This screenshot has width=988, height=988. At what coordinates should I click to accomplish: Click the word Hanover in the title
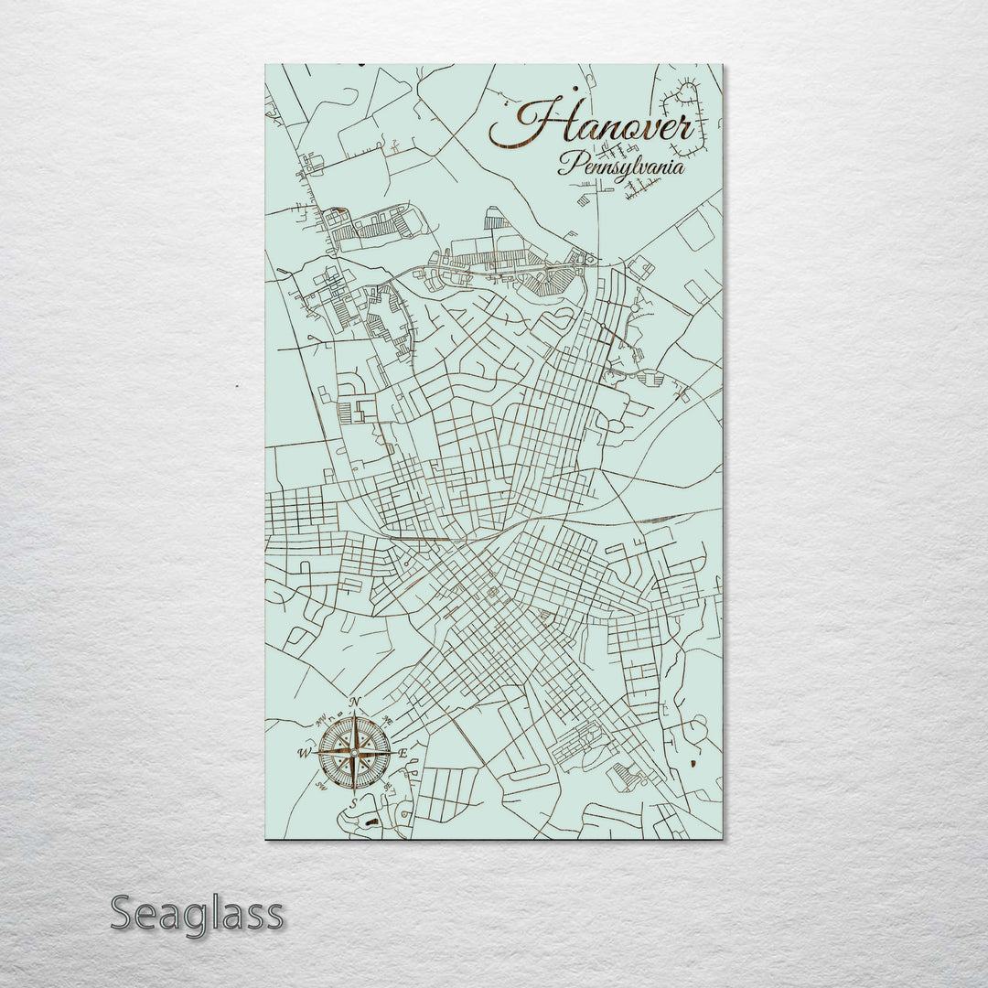tap(593, 126)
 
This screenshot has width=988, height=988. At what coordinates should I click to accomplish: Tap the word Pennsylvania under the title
tap(622, 167)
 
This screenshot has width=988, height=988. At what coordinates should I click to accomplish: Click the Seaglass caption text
tap(197, 913)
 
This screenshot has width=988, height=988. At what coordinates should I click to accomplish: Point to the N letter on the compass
tap(355, 703)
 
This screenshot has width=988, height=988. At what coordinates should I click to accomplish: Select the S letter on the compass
tap(354, 802)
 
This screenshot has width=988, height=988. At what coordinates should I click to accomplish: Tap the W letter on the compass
tap(303, 754)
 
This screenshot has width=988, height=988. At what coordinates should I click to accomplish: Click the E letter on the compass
tap(403, 753)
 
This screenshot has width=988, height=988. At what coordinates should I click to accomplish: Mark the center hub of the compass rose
tap(354, 753)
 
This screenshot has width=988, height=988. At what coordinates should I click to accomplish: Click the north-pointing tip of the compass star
tap(354, 714)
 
